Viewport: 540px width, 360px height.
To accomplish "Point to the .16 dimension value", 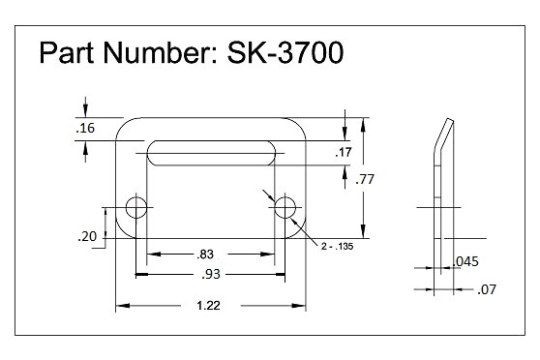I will pos(85,128).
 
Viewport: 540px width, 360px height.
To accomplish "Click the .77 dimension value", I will pos(365,179).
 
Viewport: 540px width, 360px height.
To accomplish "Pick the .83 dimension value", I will pos(205,255).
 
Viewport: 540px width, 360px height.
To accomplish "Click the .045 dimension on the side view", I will pos(466,261).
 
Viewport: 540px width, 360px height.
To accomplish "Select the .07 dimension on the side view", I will pos(486,288).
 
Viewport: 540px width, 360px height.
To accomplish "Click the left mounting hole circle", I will pos(136,206).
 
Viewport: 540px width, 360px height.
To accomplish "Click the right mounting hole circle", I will pos(285,206).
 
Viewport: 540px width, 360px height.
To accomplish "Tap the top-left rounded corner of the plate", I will pos(123,125).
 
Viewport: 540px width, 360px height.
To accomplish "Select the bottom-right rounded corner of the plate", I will pos(299,230).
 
